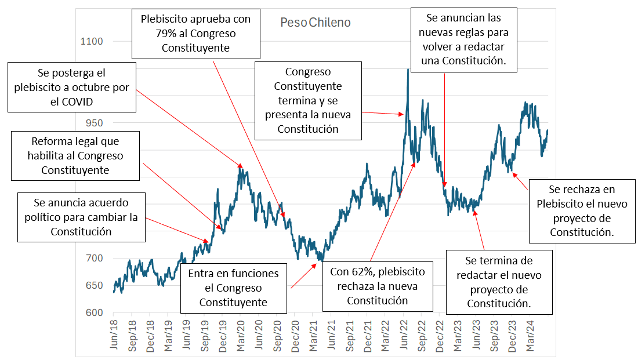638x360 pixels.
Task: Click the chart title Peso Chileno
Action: point(315,23)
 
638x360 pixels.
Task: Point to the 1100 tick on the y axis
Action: point(92,42)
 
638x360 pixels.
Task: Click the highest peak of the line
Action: point(408,70)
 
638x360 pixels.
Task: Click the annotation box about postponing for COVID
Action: point(72,88)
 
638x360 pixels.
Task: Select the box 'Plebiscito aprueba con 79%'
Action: point(195,34)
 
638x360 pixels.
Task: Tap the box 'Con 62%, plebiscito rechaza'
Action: point(378,286)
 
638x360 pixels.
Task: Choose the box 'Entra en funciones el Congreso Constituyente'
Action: point(233,288)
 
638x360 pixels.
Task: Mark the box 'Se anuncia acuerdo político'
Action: point(81,217)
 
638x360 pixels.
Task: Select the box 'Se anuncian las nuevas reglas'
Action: point(464,39)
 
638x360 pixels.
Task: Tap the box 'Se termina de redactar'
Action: point(499,282)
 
